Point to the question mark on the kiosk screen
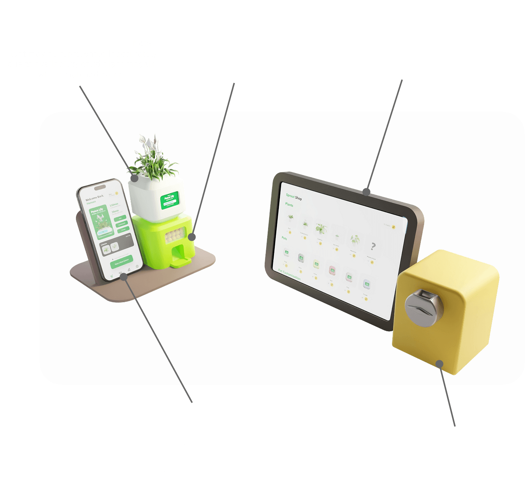(373, 246)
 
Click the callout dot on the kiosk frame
(366, 192)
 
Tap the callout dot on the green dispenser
(191, 237)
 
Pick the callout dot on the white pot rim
(134, 178)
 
